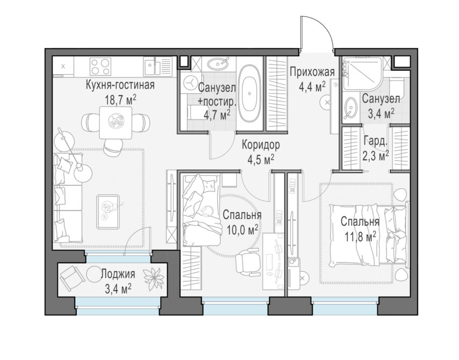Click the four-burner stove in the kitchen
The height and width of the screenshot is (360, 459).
[101, 67]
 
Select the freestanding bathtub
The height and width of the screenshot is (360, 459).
[249, 92]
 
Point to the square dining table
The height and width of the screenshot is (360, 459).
[116, 123]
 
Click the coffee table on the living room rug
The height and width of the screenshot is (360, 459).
[108, 212]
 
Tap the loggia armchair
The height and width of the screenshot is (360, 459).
[70, 277]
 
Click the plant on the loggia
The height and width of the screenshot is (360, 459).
[153, 278]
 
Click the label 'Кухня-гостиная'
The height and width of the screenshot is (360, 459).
[120, 85]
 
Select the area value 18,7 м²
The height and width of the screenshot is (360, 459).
[120, 100]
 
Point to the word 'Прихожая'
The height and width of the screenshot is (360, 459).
[312, 71]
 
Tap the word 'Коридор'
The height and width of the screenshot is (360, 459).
[261, 145]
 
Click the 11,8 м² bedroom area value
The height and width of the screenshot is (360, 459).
[360, 236]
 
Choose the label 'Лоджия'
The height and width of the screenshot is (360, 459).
[118, 274]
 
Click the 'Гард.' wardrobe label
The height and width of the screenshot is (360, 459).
[376, 142]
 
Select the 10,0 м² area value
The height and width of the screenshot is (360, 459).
[242, 230]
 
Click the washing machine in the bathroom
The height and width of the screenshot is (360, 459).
[190, 83]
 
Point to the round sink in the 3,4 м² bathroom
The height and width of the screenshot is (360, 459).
[350, 107]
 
